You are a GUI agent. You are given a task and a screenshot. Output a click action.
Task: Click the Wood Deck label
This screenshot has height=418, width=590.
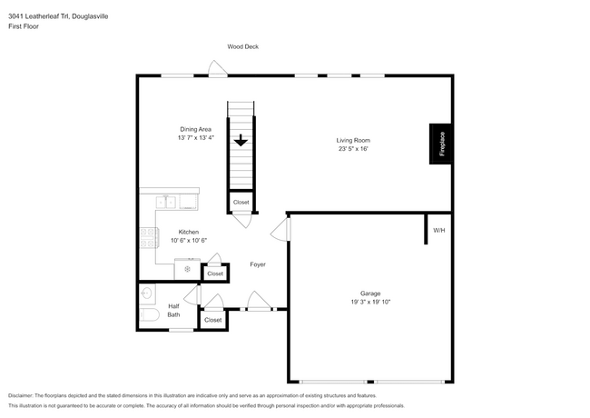coord(243,46)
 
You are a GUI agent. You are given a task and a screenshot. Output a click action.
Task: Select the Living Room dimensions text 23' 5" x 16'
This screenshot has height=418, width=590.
coord(353,150)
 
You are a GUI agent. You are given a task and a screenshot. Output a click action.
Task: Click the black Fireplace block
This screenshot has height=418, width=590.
coord(439,144)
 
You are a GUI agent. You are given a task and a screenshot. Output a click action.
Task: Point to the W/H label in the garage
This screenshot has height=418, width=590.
coord(439,230)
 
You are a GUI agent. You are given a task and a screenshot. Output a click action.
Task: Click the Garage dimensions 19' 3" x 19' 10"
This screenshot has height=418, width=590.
coord(369,302)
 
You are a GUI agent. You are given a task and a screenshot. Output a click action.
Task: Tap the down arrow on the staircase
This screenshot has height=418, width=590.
coord(241,141)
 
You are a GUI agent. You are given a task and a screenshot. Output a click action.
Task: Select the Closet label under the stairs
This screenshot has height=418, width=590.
coord(241,202)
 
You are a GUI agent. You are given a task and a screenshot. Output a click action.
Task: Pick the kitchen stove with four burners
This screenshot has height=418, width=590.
coord(148,240)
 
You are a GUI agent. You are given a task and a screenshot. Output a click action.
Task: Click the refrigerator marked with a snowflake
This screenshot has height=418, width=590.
coord(188,269)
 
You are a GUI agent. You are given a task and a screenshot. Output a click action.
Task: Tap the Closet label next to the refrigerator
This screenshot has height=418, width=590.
coord(215,274)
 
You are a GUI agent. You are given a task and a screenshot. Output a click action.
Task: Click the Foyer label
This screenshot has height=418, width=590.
coord(259,264)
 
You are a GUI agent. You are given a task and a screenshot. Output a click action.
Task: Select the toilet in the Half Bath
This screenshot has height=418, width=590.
coord(150,314)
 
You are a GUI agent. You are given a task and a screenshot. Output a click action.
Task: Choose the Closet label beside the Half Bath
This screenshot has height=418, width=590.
coord(212,320)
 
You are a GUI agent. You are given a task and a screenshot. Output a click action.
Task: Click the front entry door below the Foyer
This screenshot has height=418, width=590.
coord(259,303)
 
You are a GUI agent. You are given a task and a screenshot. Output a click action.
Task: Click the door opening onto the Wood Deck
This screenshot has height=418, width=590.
coord(216,69)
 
